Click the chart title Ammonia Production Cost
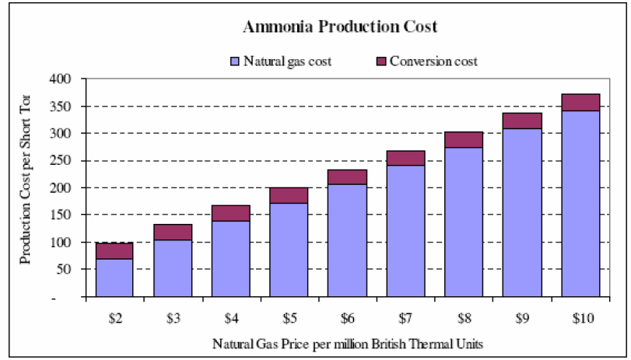(340, 26)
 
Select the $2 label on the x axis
(114, 319)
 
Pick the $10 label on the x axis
(580, 319)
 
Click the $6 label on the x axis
(347, 319)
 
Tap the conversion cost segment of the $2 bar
(114, 250)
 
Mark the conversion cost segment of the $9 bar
(521, 121)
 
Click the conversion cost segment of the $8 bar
(464, 140)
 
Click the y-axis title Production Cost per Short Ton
(26, 188)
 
